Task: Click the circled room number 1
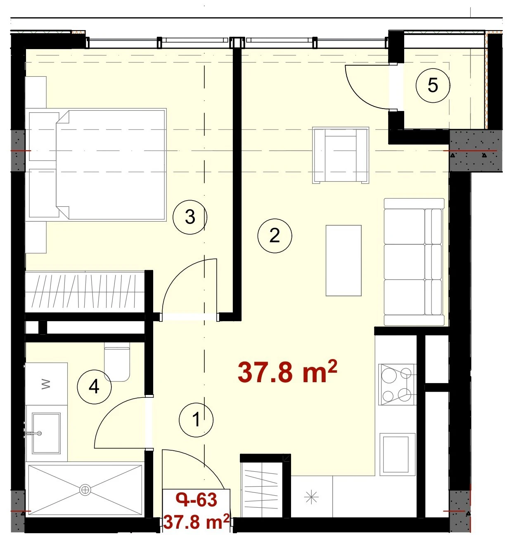196,419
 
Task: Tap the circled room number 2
275,236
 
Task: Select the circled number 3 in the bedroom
190,217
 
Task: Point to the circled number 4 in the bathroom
94,387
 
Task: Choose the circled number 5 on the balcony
433,85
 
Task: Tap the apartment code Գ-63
197,499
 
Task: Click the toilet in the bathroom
117,361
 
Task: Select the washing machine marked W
46,384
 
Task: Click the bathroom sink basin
46,433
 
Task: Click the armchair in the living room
341,155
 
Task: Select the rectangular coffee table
344,261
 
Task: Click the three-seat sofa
414,262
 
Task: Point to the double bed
98,165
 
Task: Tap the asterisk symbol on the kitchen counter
311,497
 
